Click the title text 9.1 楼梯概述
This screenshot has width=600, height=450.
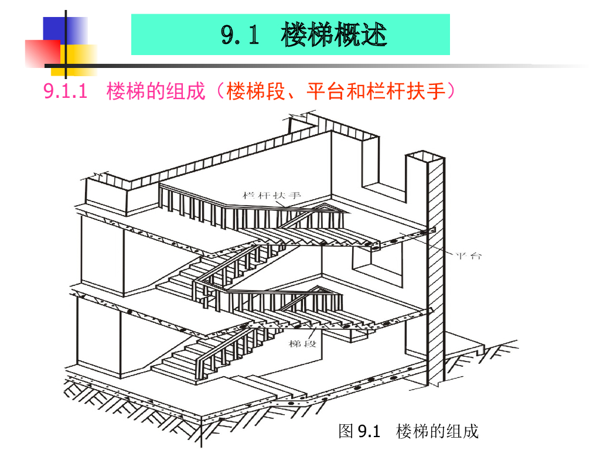[x=304, y=35]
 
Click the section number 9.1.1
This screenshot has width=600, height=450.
[x=66, y=92]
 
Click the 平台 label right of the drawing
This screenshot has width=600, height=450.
[x=468, y=256]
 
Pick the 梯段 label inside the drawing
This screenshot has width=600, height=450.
[x=302, y=343]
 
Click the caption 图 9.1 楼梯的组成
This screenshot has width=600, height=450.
[x=408, y=432]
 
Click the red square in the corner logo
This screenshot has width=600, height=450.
[x=42, y=53]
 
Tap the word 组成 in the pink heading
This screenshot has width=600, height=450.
[x=186, y=92]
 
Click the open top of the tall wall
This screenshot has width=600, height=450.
[x=424, y=156]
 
